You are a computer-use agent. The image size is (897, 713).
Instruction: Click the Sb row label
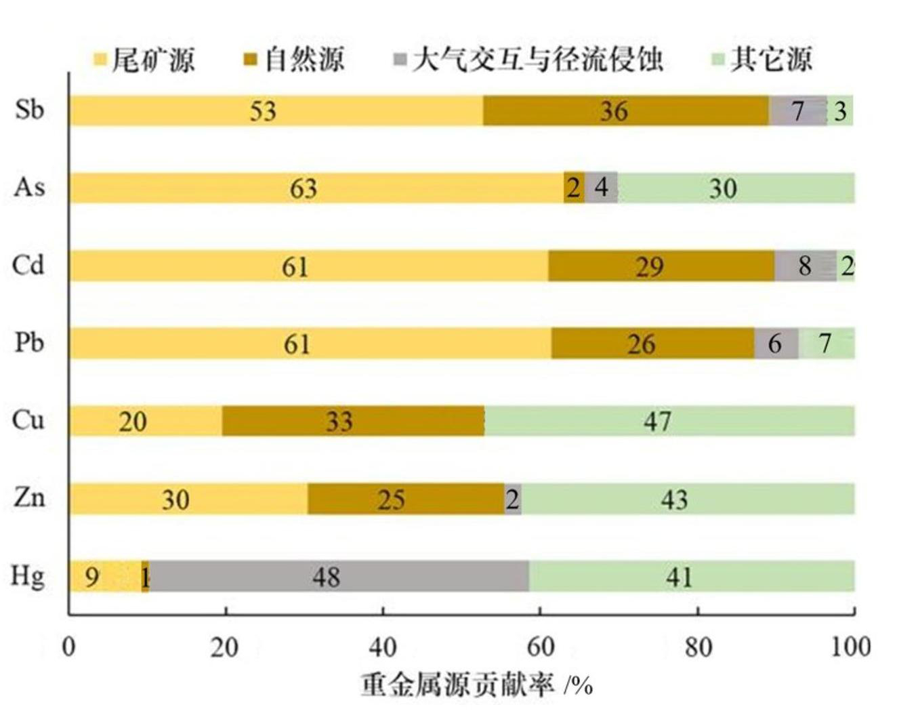(29, 109)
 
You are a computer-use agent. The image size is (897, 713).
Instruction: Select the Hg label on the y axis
(28, 576)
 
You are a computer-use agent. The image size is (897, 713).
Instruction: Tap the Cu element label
(28, 420)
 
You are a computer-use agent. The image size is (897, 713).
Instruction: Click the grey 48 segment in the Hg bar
(339, 577)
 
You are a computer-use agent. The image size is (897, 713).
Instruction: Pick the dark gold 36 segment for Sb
(625, 110)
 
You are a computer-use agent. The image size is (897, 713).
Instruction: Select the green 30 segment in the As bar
(736, 188)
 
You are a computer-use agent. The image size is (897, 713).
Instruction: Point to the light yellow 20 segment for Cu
(146, 421)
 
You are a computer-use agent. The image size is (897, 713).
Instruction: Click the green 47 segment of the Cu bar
(669, 421)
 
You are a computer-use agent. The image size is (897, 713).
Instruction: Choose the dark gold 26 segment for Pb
(652, 344)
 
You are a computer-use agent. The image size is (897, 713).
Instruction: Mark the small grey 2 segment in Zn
(513, 500)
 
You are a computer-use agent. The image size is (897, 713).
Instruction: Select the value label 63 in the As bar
(303, 188)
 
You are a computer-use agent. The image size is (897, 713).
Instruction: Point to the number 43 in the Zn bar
(674, 500)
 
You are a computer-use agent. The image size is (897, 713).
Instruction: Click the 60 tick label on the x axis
(540, 647)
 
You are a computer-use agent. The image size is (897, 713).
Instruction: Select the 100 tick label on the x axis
(851, 647)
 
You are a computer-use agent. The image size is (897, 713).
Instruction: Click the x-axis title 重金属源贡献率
(457, 685)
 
